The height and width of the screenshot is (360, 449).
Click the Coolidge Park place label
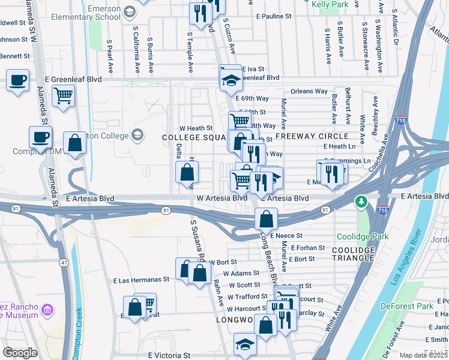click(x=363, y=236)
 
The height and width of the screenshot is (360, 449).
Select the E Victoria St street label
click(x=169, y=356)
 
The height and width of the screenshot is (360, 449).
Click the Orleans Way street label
click(x=309, y=92)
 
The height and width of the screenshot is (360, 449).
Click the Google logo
click(x=20, y=352)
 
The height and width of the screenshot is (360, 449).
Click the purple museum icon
click(x=47, y=310)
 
